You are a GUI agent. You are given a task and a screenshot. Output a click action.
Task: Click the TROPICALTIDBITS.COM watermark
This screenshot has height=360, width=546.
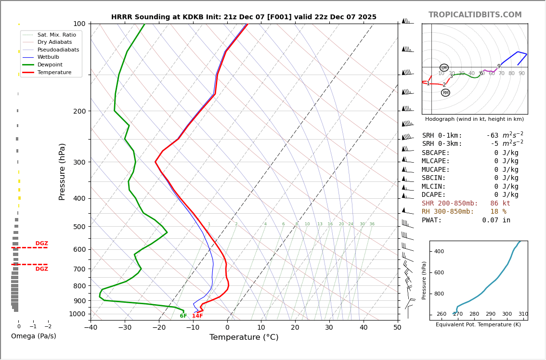[x=475, y=15]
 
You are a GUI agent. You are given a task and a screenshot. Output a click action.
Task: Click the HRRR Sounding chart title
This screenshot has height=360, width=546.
[x=244, y=17]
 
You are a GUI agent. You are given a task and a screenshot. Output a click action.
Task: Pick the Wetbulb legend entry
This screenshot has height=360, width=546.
[x=48, y=57]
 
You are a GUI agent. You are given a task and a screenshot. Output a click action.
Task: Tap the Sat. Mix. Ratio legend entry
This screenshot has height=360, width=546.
[x=56, y=35]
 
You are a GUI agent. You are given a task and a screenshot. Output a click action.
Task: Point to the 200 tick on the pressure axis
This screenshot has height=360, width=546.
[x=79, y=111]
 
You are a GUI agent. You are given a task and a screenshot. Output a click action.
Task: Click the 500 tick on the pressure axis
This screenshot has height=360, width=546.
[x=79, y=227]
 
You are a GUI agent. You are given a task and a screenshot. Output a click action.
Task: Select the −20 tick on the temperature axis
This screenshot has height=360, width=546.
[x=159, y=328]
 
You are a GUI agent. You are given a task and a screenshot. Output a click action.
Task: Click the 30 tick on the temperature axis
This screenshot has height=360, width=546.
[x=329, y=328]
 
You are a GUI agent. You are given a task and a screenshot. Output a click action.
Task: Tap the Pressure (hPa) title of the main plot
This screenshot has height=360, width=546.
[x=62, y=171]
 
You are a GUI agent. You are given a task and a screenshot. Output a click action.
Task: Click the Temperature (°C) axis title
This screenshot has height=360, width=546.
[x=244, y=338]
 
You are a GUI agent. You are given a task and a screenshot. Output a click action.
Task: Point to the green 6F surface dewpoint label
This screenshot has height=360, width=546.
[x=183, y=316]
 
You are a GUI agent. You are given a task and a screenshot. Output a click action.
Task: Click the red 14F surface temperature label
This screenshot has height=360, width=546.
[x=197, y=316]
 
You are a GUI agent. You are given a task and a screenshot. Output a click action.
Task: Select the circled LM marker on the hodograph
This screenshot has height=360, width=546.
[x=444, y=68]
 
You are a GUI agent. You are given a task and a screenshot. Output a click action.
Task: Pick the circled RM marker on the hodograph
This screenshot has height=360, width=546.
[x=445, y=93]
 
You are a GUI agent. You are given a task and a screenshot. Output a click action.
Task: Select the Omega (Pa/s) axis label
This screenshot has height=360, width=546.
[x=34, y=336]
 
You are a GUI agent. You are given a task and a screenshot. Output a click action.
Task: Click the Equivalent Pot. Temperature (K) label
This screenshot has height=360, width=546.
[x=478, y=325]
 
